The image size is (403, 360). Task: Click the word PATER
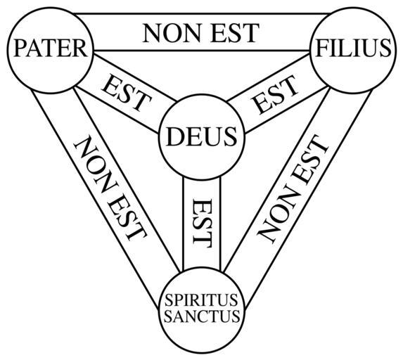51,48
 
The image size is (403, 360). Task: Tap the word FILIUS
353,48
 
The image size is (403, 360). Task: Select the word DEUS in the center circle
201,136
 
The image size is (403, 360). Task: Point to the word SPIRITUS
201,300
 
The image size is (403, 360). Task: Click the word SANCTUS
202,316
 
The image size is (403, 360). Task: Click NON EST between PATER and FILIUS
201,33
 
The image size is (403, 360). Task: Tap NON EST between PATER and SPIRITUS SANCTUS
110,188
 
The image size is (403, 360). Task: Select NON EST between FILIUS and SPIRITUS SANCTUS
293,189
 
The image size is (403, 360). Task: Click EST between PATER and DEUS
126,93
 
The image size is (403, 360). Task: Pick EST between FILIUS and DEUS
276,94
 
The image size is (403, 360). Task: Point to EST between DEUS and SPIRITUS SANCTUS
203,221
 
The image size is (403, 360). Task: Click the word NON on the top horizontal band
172,33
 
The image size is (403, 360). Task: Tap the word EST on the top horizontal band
235,33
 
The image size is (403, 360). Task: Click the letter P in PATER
20,48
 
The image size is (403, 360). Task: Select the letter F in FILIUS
322,48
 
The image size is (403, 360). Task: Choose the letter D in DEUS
175,136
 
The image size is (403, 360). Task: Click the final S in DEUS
230,136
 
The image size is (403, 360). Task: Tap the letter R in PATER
79,48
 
